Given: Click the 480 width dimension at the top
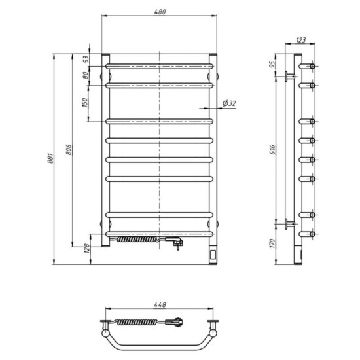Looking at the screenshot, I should (160, 12).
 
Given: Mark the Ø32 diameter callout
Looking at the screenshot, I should (230, 103).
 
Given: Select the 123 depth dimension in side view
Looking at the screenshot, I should (300, 41).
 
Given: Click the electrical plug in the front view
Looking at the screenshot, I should (177, 243).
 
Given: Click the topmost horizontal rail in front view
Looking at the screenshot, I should (160, 66).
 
